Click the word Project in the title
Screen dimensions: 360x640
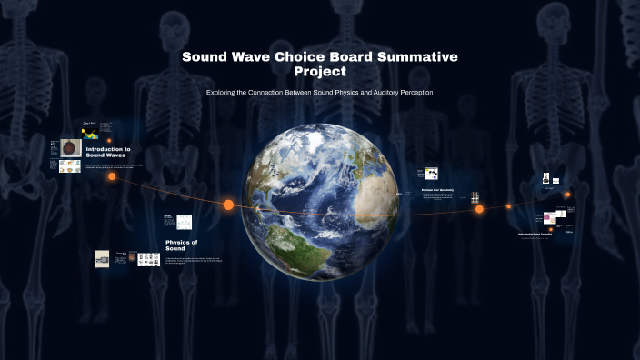click(320, 71)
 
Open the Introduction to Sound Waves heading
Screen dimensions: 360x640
click(107, 152)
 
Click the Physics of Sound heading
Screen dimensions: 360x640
click(181, 245)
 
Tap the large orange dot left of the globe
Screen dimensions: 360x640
click(228, 205)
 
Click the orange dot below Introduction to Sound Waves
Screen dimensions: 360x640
click(112, 176)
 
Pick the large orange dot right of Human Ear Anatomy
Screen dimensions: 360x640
click(479, 209)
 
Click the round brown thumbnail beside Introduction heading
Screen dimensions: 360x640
click(70, 147)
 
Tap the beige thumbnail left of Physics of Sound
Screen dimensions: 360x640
click(103, 258)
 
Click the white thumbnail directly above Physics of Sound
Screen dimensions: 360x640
click(184, 222)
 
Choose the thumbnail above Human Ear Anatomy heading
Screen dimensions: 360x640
click(431, 173)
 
